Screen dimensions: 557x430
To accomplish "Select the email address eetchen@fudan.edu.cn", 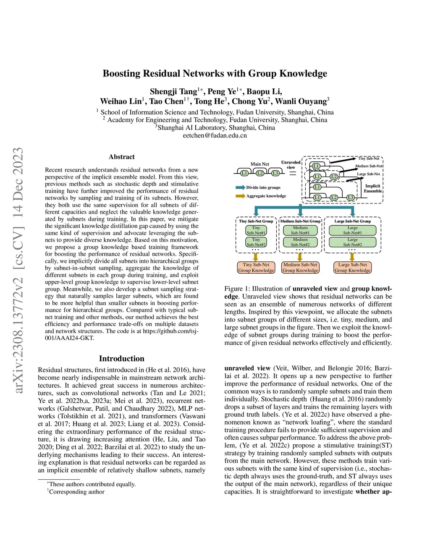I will pos(215,135).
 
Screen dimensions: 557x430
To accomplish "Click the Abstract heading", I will pos(122,157).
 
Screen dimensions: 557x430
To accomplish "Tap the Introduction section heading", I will pos(122,359).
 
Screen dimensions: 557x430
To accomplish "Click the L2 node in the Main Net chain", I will pos(260,173).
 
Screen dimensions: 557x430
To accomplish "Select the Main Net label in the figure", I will pos(260,164).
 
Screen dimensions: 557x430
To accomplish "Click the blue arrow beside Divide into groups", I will pos(240,187).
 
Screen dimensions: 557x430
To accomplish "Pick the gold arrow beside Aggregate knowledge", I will pos(240,196).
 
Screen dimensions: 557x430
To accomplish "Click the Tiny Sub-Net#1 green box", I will pos(256,230).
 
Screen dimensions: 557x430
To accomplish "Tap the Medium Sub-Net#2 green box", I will pos(300,242).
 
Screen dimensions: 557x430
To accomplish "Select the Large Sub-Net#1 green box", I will pos(352,230).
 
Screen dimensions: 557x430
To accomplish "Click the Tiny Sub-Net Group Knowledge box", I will pos(256,268).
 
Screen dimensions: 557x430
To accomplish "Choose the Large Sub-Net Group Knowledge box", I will pos(352,268).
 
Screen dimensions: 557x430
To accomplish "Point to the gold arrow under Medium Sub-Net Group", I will pos(300,257).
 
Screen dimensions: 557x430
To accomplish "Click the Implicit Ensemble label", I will pos(372,188).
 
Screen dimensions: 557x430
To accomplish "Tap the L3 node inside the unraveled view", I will pos(351,198).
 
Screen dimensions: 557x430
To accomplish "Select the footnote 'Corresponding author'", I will pos(76,492).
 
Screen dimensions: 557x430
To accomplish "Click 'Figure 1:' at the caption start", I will pos(236,289).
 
